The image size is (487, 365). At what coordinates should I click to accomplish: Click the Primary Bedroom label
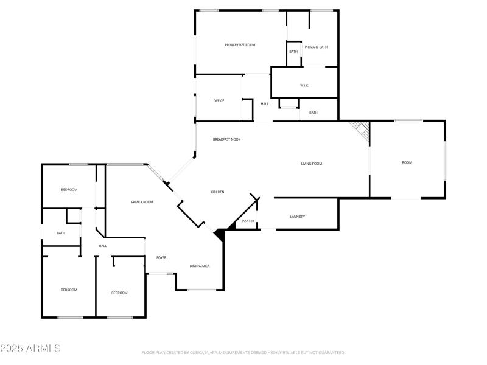(x=240, y=45)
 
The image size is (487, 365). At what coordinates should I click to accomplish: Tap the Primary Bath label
(x=316, y=47)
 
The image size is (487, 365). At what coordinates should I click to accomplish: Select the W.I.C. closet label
(x=304, y=85)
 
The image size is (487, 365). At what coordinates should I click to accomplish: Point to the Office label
(x=219, y=101)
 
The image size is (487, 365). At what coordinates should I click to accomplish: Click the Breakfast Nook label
(x=226, y=139)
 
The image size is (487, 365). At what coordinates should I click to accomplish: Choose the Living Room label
(x=311, y=164)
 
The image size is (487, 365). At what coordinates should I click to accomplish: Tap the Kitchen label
(x=217, y=192)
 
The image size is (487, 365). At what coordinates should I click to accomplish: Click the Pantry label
(x=248, y=221)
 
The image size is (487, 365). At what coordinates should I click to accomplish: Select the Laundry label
(x=298, y=217)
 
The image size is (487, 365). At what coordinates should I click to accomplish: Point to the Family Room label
(x=142, y=202)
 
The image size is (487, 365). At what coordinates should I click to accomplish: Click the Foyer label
(x=161, y=258)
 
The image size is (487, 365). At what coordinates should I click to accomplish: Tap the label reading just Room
(x=407, y=162)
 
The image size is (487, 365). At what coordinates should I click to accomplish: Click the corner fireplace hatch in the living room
(x=361, y=130)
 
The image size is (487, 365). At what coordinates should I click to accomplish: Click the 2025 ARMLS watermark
(x=30, y=349)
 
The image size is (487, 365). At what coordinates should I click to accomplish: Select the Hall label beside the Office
(x=265, y=104)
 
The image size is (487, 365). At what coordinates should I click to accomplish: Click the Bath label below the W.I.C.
(x=313, y=113)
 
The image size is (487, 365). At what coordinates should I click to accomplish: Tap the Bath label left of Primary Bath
(x=293, y=52)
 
